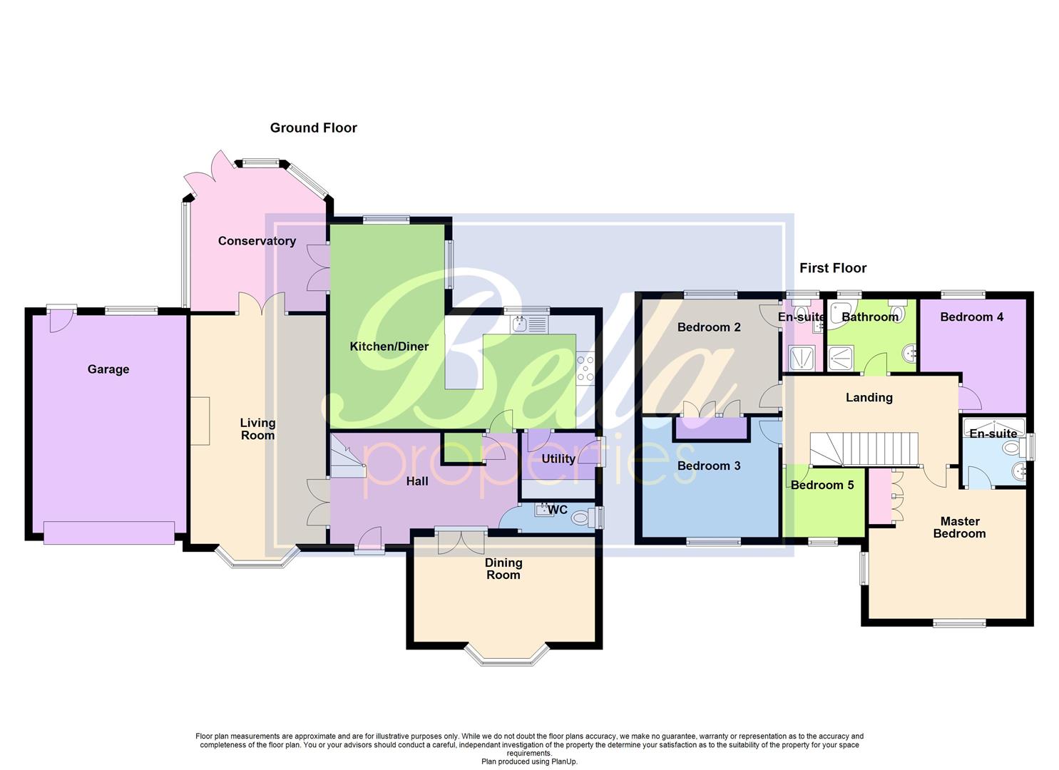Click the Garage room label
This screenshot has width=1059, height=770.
tap(108, 369)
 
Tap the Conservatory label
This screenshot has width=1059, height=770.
tap(257, 241)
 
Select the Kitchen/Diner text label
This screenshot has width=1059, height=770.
tap(389, 346)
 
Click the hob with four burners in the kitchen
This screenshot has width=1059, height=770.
tap(585, 369)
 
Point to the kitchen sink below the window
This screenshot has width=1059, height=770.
tap(528, 324)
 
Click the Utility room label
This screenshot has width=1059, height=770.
tap(558, 458)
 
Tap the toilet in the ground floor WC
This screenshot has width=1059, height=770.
tap(581, 517)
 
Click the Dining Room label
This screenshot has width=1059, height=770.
tap(503, 569)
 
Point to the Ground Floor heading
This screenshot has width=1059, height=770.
tap(313, 128)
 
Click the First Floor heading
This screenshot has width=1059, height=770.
tap(832, 268)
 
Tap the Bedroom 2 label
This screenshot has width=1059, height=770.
tap(708, 327)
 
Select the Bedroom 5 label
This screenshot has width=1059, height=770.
tap(822, 485)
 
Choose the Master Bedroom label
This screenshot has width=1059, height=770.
tap(959, 528)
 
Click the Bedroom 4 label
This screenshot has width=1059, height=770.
tap(971, 317)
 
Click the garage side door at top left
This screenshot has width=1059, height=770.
tap(61, 320)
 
